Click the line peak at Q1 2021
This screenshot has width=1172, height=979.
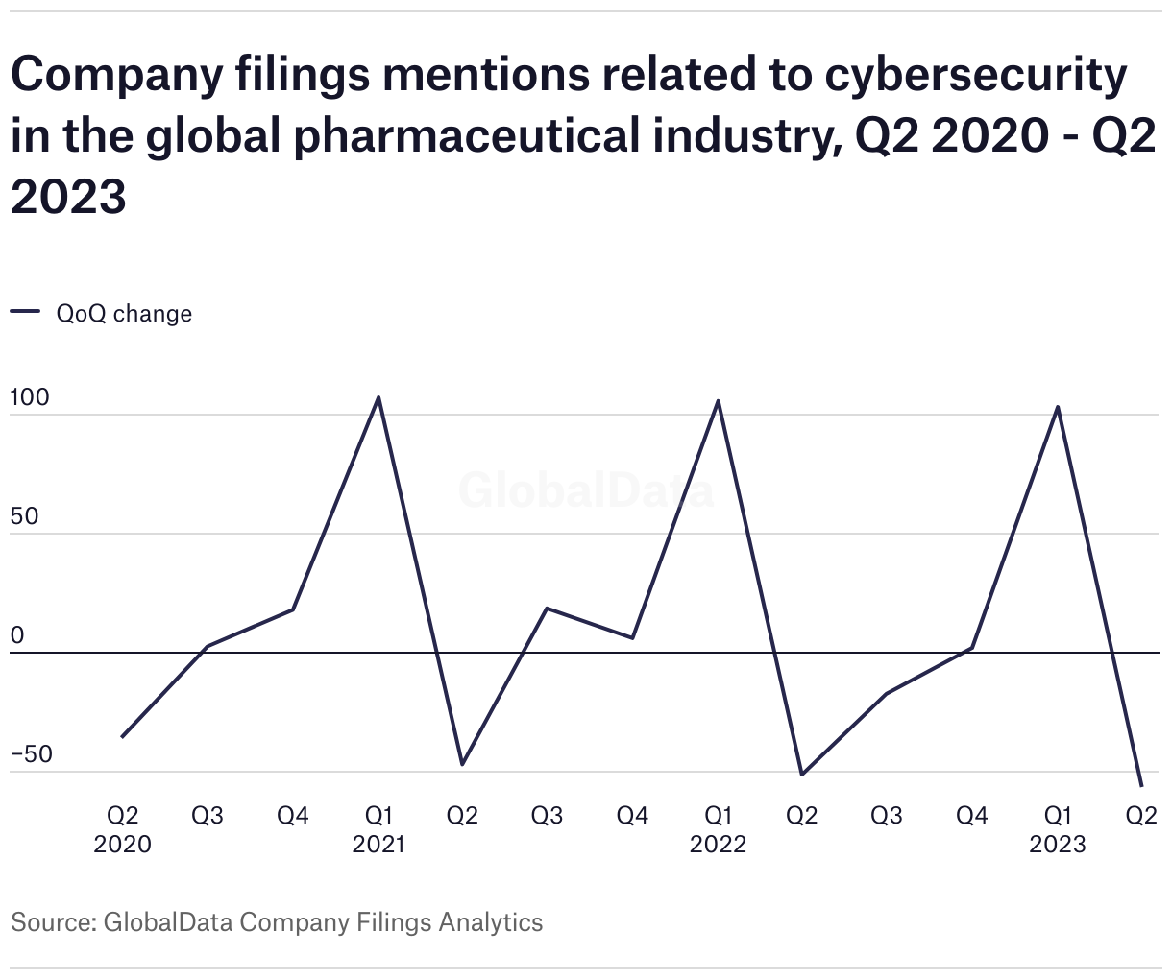(x=378, y=397)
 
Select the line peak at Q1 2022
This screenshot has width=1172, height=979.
(x=718, y=401)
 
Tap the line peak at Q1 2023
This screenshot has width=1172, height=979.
(x=1058, y=407)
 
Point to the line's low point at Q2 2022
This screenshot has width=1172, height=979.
(x=802, y=774)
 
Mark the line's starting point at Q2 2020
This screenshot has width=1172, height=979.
(x=122, y=737)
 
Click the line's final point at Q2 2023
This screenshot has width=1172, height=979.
(x=1141, y=785)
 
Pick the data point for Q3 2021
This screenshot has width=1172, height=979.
(x=547, y=609)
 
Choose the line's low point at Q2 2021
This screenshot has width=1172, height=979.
(x=462, y=764)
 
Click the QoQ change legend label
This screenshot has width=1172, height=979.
(x=124, y=314)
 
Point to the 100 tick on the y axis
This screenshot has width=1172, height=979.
(x=30, y=397)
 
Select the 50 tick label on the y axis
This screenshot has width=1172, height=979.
(x=25, y=516)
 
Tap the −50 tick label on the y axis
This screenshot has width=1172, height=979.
(x=32, y=754)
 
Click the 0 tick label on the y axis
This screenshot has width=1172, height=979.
(x=17, y=635)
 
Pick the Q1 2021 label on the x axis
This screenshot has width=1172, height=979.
(x=378, y=829)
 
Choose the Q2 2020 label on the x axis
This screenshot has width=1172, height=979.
(x=122, y=829)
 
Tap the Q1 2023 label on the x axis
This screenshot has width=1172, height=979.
(x=1058, y=829)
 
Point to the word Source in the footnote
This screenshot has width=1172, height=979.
(x=49, y=922)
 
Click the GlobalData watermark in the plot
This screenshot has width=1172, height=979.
(x=586, y=490)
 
